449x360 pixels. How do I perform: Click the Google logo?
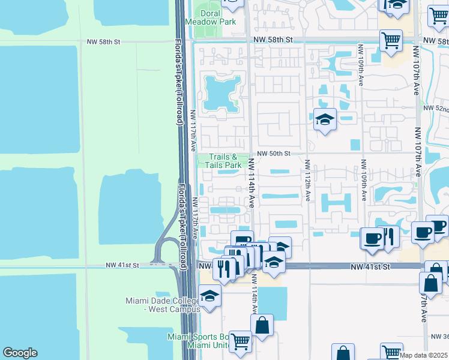click(x=20, y=353)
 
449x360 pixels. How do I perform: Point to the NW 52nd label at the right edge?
click(x=436, y=108)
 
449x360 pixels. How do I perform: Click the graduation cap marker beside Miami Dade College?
click(x=210, y=296)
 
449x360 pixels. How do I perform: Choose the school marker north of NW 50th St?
click(x=324, y=119)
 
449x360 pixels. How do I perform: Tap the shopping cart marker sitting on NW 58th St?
click(x=391, y=41)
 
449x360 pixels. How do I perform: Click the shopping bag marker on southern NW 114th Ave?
click(x=262, y=326)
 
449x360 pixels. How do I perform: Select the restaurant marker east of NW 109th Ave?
click(x=389, y=236)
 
